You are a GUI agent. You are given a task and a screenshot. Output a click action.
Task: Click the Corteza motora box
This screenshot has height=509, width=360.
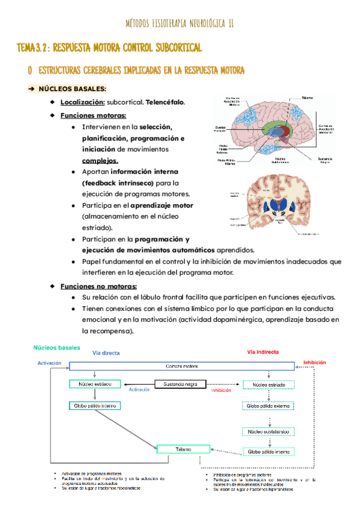point(182,366)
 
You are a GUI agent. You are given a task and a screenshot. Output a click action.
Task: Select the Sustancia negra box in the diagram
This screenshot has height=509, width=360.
point(181,384)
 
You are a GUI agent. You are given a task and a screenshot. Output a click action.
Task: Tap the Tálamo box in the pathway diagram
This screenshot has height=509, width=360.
point(183,448)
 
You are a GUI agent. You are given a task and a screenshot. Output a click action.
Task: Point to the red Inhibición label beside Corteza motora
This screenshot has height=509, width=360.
point(314,363)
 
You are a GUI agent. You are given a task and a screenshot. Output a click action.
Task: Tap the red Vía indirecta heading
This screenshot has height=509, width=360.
point(263,352)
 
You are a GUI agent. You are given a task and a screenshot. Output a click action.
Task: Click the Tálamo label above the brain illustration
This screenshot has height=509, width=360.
point(308,97)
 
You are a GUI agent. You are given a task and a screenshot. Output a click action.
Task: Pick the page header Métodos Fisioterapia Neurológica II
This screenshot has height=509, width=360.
point(179,23)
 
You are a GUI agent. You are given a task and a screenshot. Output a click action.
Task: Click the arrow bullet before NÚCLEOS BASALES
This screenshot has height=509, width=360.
point(32,89)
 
